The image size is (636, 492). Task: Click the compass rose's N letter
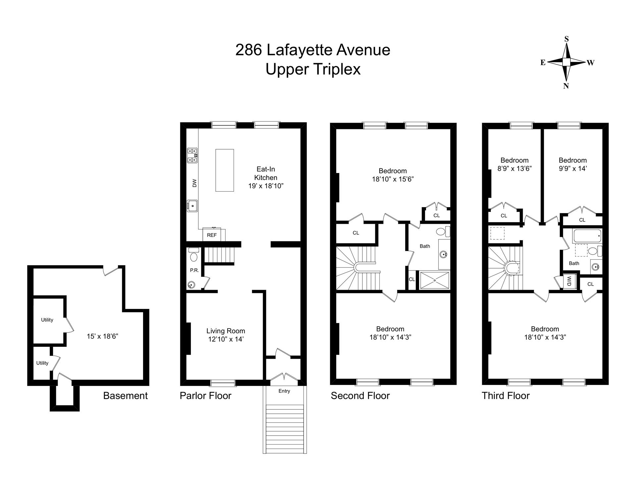click(x=566, y=86)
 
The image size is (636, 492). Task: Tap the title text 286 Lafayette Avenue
click(x=313, y=50)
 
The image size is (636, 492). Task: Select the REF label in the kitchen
click(x=212, y=235)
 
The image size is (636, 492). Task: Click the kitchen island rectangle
click(x=225, y=170)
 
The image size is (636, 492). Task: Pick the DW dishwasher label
click(x=194, y=183)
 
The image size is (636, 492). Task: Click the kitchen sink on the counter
click(x=192, y=206)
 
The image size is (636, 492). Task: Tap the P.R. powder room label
click(x=194, y=270)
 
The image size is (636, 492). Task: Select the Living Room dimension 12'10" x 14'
click(x=226, y=339)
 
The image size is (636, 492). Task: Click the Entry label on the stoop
click(x=284, y=391)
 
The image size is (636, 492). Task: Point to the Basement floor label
click(x=125, y=396)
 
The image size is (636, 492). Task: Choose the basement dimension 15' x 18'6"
click(x=102, y=336)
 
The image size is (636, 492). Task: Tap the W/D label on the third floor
click(x=569, y=281)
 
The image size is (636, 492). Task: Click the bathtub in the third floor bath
click(x=587, y=236)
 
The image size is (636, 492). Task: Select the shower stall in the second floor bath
click(x=434, y=280)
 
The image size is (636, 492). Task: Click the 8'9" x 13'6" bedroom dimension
click(x=514, y=168)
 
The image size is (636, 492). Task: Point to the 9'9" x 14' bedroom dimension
click(x=572, y=168)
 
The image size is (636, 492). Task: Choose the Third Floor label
click(x=505, y=396)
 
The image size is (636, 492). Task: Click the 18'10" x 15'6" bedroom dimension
click(x=393, y=179)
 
